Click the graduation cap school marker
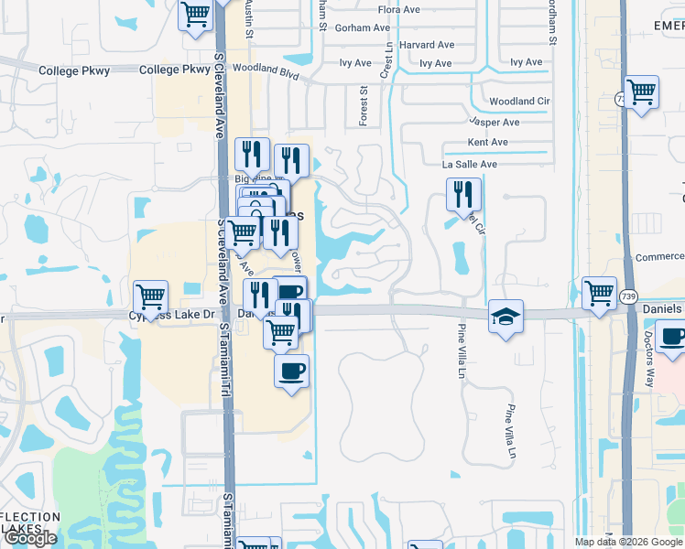pyautogui.click(x=506, y=317)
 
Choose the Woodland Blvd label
pyautogui.click(x=266, y=69)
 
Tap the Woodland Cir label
pyautogui.click(x=519, y=102)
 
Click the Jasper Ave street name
pyautogui.click(x=494, y=122)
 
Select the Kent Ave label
pyautogui.click(x=487, y=143)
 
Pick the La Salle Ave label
pyautogui.click(x=469, y=165)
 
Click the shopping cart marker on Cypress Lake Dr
pyautogui.click(x=150, y=296)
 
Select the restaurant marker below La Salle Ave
pyautogui.click(x=463, y=195)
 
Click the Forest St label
pyautogui.click(x=364, y=105)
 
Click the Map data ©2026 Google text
pyautogui.click(x=628, y=542)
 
